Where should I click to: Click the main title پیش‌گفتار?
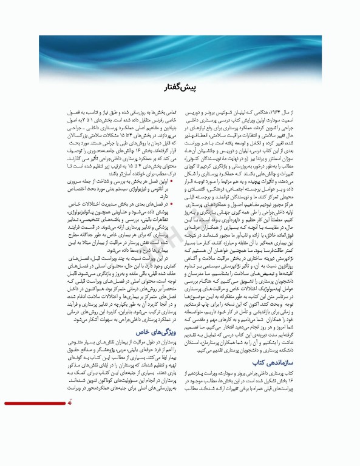180,89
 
